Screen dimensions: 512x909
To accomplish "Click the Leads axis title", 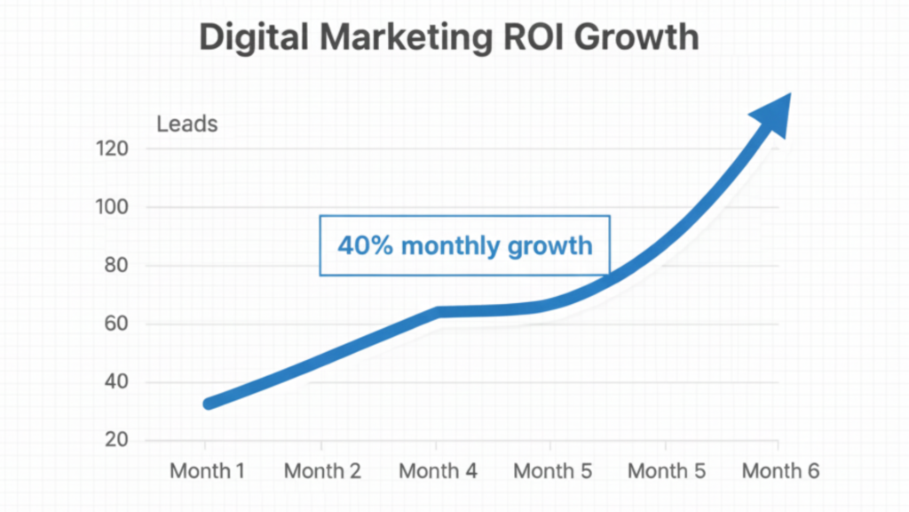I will pyautogui.click(x=186, y=124).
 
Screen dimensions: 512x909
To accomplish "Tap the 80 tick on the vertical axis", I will pyautogui.click(x=116, y=266).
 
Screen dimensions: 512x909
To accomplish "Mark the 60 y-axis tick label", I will pyautogui.click(x=116, y=324).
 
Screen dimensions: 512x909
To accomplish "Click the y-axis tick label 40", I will pyautogui.click(x=116, y=382).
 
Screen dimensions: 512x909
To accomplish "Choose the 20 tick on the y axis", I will pyautogui.click(x=116, y=441).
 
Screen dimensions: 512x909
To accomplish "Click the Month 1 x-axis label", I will pyautogui.click(x=207, y=471).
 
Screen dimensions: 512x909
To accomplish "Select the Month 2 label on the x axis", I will pyautogui.click(x=322, y=471).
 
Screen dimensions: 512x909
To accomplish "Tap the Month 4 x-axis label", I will pyautogui.click(x=438, y=471).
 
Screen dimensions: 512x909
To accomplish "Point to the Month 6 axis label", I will pyautogui.click(x=780, y=471).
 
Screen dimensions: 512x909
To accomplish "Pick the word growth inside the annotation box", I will pyautogui.click(x=549, y=245).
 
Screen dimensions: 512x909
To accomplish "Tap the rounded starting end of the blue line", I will pyautogui.click(x=209, y=403).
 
